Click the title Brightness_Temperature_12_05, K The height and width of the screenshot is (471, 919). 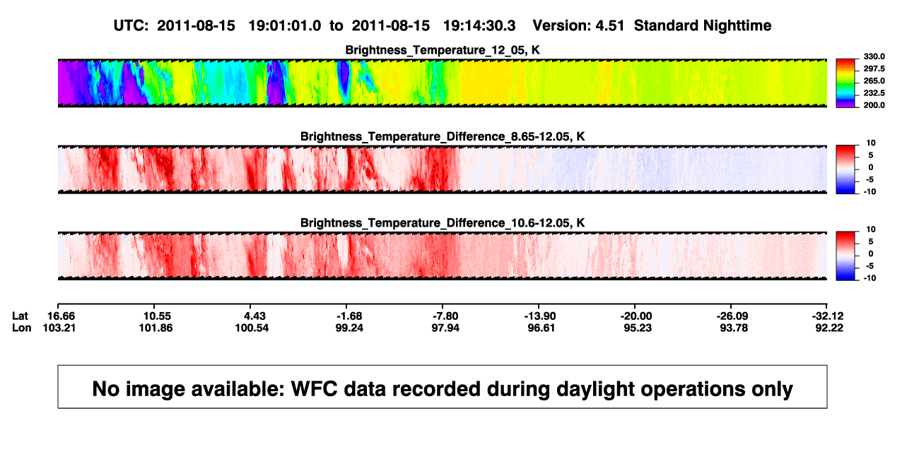point(443,50)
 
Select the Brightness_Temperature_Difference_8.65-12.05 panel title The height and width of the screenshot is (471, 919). point(443,136)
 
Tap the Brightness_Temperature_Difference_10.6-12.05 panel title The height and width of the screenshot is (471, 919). point(443,223)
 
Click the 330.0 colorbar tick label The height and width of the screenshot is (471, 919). point(874,56)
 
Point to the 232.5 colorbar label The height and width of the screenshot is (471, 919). point(874,93)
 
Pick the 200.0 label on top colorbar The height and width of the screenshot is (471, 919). point(874,105)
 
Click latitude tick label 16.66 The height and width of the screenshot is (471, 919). point(62,316)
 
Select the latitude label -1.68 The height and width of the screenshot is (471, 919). point(349,316)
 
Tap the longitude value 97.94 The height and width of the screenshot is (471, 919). point(445,328)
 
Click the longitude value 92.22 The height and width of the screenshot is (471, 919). point(829,328)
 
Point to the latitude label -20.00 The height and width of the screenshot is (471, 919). point(636,316)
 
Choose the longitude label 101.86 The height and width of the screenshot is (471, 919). point(156,328)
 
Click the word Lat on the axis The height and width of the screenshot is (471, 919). point(20,316)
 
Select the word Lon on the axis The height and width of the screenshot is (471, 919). point(22,328)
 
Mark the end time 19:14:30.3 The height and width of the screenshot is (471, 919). point(479,26)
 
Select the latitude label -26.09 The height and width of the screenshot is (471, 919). point(732,316)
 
